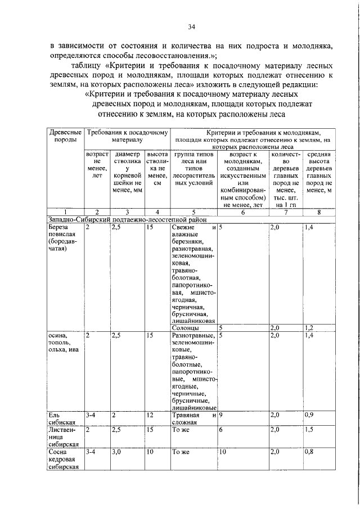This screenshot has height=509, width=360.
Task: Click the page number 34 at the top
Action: pyautogui.click(x=191, y=27)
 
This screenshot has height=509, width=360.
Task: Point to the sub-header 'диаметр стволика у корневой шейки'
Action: pyautogui.click(x=127, y=172)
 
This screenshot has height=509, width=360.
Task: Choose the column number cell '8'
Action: pyautogui.click(x=319, y=212)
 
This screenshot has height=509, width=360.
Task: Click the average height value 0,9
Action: pyautogui.click(x=309, y=415)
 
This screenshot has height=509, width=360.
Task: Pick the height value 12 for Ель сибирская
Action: pyautogui.click(x=149, y=415)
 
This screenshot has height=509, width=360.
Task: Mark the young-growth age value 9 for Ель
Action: pyautogui.click(x=222, y=415)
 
